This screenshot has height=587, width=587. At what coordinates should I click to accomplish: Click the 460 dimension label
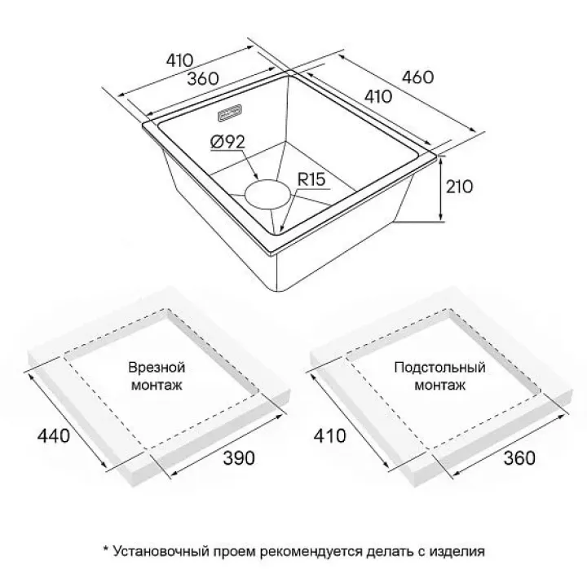click(417, 77)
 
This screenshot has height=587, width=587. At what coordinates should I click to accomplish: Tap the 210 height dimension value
click(459, 187)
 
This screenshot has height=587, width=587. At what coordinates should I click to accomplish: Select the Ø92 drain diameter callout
click(228, 142)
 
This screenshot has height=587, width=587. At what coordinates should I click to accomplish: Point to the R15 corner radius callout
click(311, 179)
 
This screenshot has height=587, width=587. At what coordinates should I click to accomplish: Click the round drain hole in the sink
click(267, 193)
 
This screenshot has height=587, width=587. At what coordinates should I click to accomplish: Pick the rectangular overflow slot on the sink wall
click(230, 113)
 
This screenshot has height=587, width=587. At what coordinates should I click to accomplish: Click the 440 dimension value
click(54, 435)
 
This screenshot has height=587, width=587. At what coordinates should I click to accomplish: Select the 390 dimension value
click(239, 458)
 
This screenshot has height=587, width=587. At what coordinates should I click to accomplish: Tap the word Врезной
click(157, 367)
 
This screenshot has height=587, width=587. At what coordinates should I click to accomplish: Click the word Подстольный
click(440, 367)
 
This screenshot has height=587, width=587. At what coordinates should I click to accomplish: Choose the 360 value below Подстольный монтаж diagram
click(519, 458)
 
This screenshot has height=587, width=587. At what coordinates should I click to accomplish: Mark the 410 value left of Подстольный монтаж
click(330, 435)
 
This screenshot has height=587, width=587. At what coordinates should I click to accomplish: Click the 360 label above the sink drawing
click(203, 78)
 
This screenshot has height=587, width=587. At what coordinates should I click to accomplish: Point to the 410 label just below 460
click(378, 97)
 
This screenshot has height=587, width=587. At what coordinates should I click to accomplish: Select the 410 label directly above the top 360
click(179, 60)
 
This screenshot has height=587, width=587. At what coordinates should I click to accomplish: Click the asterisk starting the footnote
click(106, 549)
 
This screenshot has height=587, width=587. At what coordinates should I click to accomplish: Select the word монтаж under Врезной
click(157, 385)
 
